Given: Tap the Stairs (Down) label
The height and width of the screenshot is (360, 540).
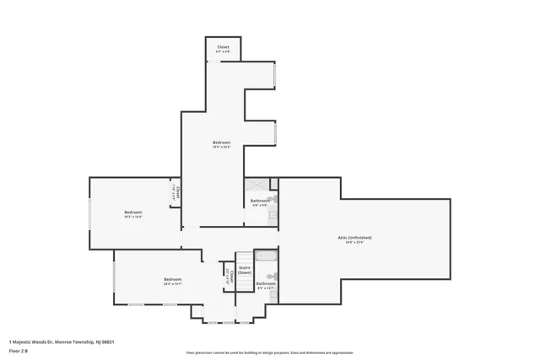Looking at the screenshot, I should click(245, 271).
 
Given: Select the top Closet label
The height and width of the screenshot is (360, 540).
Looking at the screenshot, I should click(223, 47).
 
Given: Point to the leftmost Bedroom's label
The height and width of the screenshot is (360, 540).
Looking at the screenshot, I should click(133, 212).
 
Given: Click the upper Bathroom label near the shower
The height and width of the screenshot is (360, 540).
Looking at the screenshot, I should click(260, 201).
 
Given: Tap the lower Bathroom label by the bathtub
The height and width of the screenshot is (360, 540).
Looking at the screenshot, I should click(266, 284).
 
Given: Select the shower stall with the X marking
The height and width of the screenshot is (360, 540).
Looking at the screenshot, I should click(256, 186).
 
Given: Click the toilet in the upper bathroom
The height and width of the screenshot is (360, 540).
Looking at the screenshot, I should click(273, 200).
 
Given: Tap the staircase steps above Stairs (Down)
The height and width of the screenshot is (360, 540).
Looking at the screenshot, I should click(244, 257).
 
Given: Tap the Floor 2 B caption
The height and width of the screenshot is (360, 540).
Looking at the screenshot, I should click(19, 350).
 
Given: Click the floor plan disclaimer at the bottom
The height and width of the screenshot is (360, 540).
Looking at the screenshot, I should click(269, 352).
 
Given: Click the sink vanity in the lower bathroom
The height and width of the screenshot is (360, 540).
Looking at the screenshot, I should click(272, 294).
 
